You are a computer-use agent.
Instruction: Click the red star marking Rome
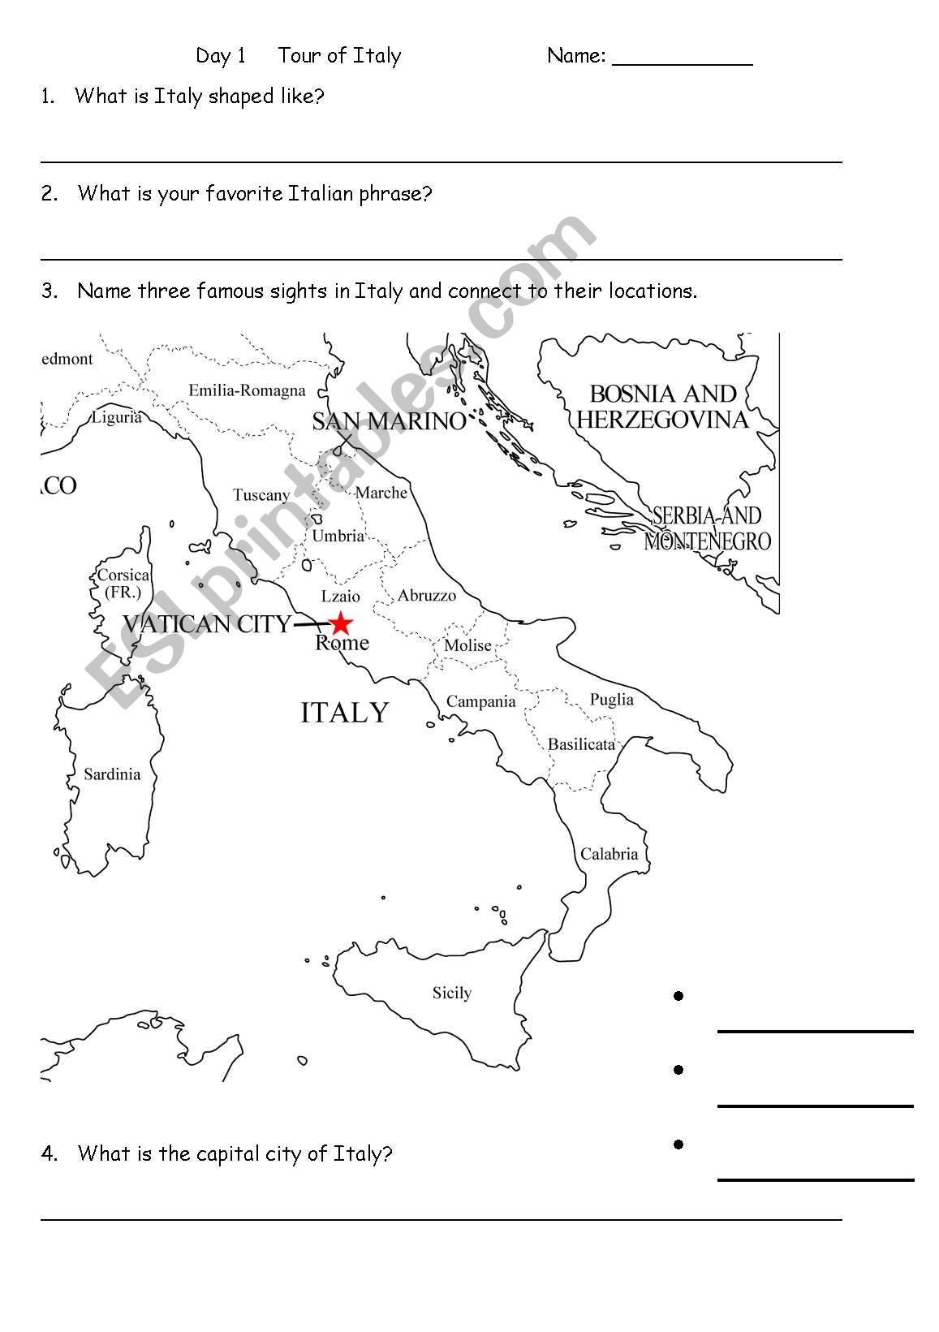pos(341,623)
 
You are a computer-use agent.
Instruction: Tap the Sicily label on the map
pos(451,993)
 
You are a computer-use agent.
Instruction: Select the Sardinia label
pos(112,774)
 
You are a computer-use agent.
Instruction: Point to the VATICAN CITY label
pos(206,624)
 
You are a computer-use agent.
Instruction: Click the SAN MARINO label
pos(389,421)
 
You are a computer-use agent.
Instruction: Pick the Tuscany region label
pos(261,495)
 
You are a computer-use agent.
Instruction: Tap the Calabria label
pos(609,854)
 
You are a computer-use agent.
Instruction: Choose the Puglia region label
pos(611,700)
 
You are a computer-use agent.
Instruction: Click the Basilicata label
pos(581,744)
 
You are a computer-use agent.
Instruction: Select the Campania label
pos(480,702)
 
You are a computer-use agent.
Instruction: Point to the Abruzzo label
pos(427,596)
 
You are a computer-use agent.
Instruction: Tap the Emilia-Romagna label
pos(247,390)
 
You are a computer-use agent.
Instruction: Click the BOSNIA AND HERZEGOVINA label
pos(662,407)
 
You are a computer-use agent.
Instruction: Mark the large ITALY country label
pos(345,713)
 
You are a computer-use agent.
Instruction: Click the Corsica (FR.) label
pos(123,584)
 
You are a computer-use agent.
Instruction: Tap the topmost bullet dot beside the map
pos(678,996)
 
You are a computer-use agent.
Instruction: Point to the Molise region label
pos(467,645)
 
